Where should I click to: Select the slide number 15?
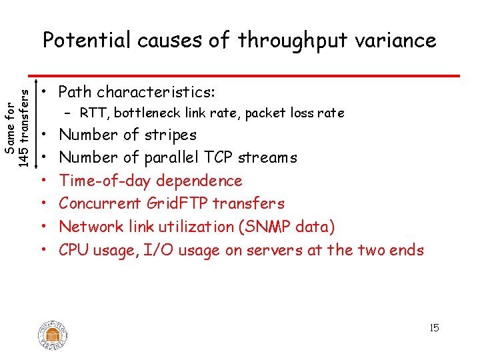(x=434, y=328)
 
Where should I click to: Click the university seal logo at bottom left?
(x=53, y=335)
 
